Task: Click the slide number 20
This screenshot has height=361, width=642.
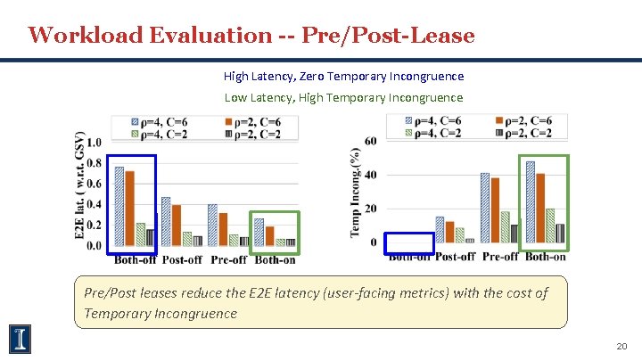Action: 621,346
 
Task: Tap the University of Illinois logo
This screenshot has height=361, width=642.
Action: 21,338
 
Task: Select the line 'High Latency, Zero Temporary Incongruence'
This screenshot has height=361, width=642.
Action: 343,77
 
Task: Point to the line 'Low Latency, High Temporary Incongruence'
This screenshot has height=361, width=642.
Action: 343,97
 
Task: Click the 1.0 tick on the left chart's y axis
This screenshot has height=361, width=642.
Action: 93,143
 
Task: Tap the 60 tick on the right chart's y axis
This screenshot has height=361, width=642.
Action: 370,141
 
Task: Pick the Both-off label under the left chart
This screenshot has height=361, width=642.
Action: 136,260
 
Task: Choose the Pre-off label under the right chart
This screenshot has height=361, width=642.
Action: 500,257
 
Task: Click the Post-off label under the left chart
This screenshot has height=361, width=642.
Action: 182,260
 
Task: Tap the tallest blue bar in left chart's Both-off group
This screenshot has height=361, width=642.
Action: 119,206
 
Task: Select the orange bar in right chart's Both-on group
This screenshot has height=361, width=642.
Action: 539,208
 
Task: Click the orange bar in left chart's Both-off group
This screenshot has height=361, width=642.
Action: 130,209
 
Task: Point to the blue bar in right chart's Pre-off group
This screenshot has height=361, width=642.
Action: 485,208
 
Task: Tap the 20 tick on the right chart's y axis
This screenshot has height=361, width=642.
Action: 370,209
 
